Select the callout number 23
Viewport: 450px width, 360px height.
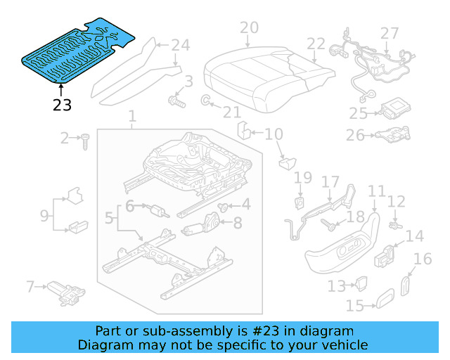coord(62,105)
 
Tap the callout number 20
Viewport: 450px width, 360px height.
coord(249,28)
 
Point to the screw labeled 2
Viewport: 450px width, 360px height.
coord(84,141)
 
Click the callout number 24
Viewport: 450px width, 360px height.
coord(181,46)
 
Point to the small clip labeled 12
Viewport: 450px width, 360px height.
coord(394,225)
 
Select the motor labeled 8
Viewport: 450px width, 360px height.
coord(205,226)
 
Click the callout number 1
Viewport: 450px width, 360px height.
coord(132,115)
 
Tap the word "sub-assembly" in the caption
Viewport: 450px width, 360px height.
coord(157,330)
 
